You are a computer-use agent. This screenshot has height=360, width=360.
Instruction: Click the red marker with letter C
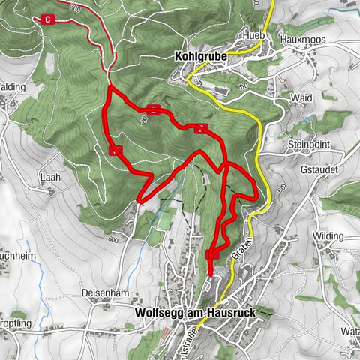49,19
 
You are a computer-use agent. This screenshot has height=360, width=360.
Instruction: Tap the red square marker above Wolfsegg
212,255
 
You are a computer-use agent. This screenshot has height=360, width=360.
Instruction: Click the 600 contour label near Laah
112,239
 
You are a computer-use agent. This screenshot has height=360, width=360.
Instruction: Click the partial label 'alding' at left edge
13,87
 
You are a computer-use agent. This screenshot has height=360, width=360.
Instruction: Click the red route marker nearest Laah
115,151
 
